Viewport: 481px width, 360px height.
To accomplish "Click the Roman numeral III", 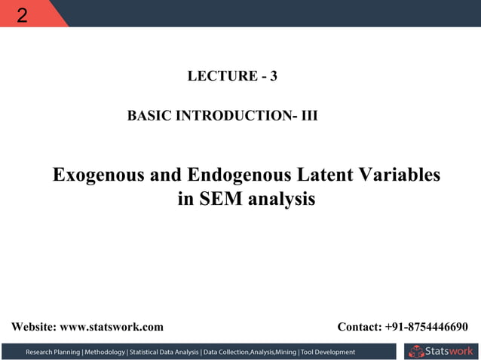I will click(x=309, y=117).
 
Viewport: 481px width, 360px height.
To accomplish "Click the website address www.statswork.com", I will click(x=111, y=327).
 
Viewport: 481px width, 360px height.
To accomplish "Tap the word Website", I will click(x=33, y=327).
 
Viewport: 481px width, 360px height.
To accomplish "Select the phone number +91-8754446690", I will click(x=426, y=327).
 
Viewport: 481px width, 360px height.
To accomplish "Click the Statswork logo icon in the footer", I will click(x=415, y=351).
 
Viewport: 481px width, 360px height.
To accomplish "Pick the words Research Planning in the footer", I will click(x=54, y=352).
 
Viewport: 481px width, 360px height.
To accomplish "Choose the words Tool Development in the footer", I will click(x=328, y=352).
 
